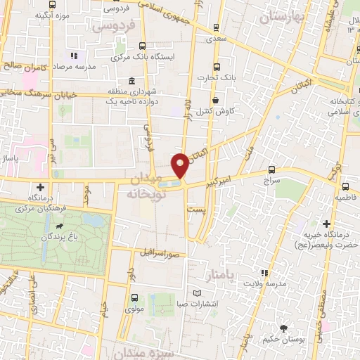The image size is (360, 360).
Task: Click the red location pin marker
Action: click(181, 166)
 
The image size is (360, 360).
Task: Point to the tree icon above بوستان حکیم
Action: click(283, 328)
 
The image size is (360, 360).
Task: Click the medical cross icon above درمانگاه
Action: click(41, 187)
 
